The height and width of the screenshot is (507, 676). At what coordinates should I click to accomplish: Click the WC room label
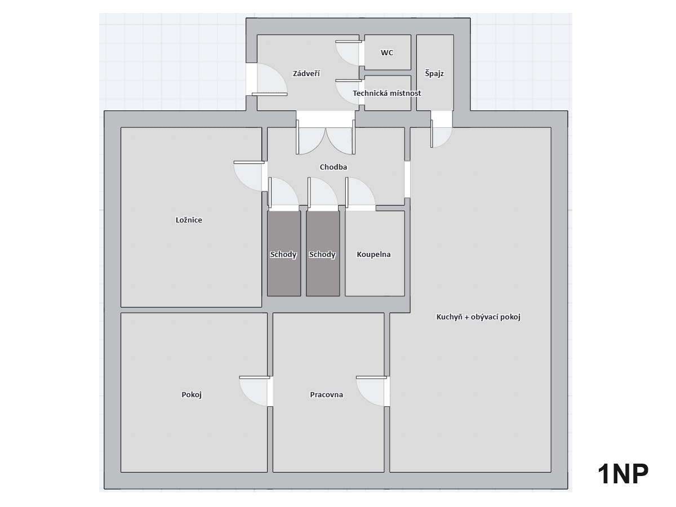[387, 53]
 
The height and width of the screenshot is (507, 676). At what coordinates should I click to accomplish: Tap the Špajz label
[434, 74]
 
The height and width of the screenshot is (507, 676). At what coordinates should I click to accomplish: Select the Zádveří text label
[306, 73]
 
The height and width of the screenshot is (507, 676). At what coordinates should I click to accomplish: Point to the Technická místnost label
[387, 93]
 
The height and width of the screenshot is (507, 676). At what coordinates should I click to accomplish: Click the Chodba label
[333, 167]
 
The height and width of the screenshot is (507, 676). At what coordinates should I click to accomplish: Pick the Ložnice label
[189, 220]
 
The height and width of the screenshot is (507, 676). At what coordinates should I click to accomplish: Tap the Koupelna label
[373, 255]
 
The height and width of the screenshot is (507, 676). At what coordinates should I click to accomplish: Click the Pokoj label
[192, 395]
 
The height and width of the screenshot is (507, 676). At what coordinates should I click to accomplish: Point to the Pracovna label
[327, 395]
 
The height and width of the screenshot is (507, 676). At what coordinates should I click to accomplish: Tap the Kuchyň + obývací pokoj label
[478, 317]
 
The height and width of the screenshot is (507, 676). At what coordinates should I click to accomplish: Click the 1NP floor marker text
[623, 474]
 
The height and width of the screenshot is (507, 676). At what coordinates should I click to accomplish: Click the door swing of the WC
[348, 53]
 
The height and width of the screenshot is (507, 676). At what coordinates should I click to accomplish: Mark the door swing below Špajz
[441, 135]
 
